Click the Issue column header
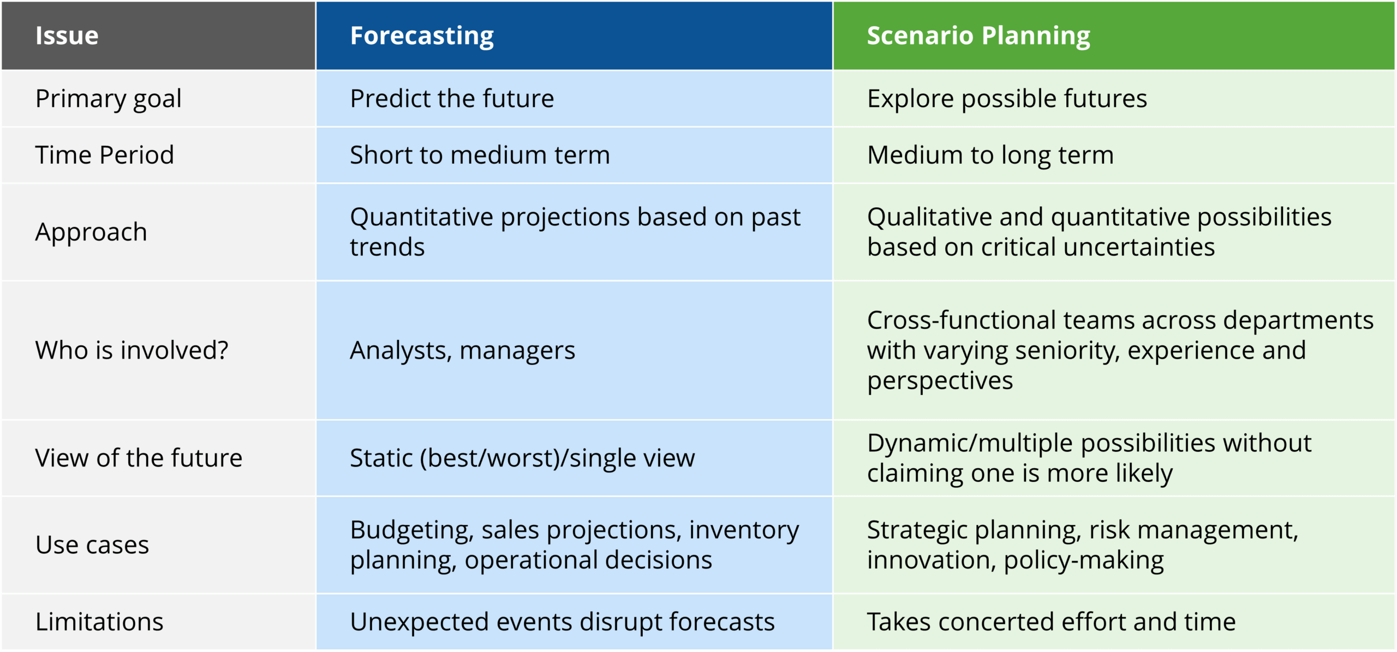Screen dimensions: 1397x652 coord(67,36)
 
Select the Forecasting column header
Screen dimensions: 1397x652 coord(422,37)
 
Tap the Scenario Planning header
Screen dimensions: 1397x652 coord(978,37)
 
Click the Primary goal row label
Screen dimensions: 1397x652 coord(108,99)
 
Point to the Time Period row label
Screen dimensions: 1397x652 coord(105,155)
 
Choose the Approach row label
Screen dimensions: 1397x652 coord(91,232)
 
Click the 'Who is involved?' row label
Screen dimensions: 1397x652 coord(132,350)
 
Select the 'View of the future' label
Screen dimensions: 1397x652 coord(139,458)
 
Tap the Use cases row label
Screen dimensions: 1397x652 coord(92,545)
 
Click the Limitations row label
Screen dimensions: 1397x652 coord(99,622)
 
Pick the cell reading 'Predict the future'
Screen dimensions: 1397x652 coord(452,99)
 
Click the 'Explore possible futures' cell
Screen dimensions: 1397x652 coord(1007,99)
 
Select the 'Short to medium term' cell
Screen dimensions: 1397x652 coord(480,155)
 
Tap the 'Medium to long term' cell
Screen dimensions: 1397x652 coord(990,155)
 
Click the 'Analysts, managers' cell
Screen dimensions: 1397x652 coord(462,351)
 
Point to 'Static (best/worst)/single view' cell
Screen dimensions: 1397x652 coord(522,458)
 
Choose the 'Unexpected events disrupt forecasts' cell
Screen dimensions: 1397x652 coord(562,623)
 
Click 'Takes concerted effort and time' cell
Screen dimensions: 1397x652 coord(1051,622)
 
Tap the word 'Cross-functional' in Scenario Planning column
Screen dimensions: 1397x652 coord(957,320)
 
